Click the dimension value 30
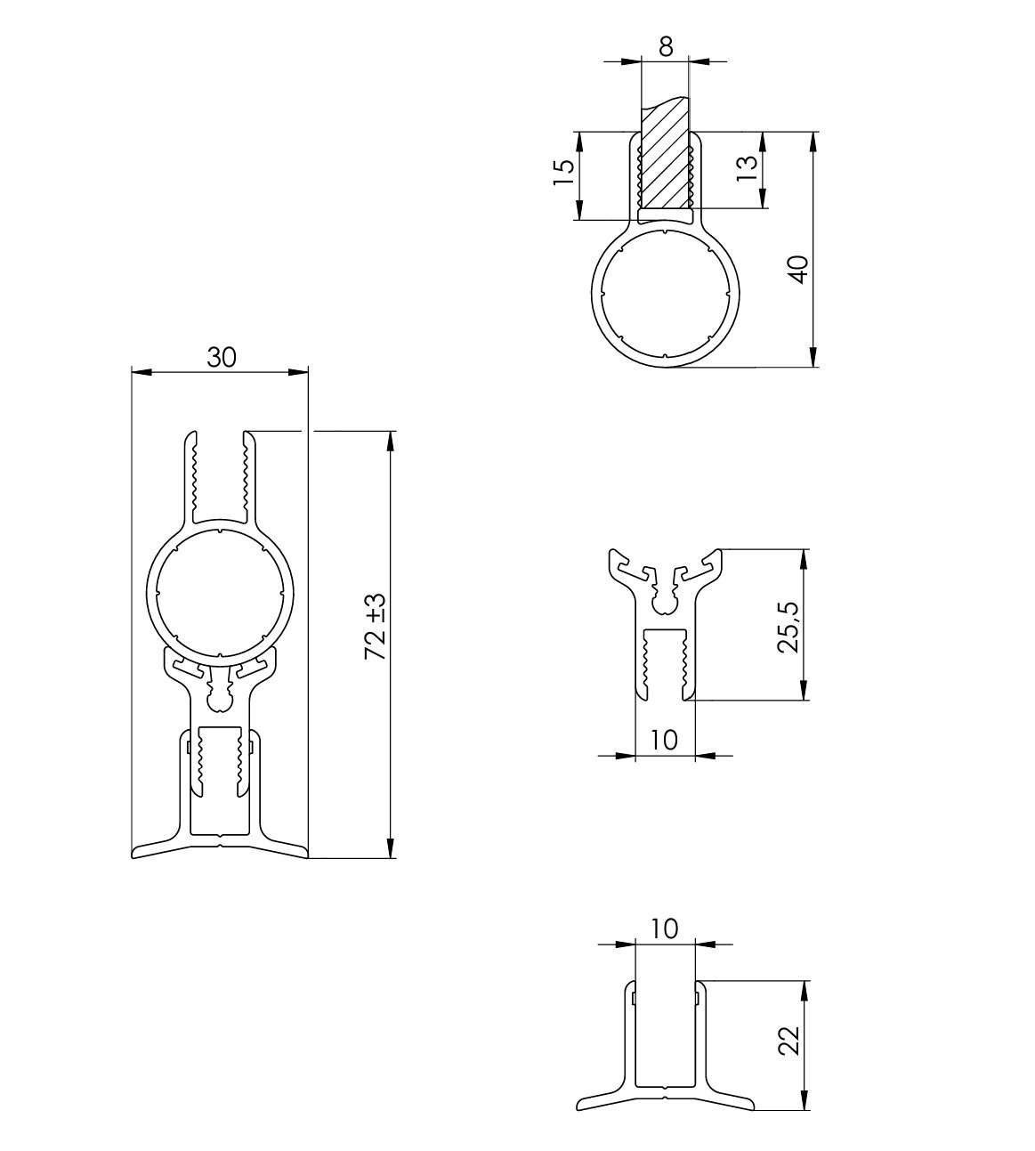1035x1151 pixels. pyautogui.click(x=222, y=357)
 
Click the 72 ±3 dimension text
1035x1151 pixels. pyautogui.click(x=376, y=627)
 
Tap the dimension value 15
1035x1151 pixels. pyautogui.click(x=563, y=173)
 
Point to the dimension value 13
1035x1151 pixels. pyautogui.click(x=747, y=168)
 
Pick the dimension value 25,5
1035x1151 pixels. pyautogui.click(x=788, y=626)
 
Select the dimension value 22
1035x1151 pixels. pyautogui.click(x=789, y=1041)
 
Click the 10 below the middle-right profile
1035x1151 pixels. pyautogui.click(x=664, y=739)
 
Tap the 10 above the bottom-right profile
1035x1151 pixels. pyautogui.click(x=664, y=928)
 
